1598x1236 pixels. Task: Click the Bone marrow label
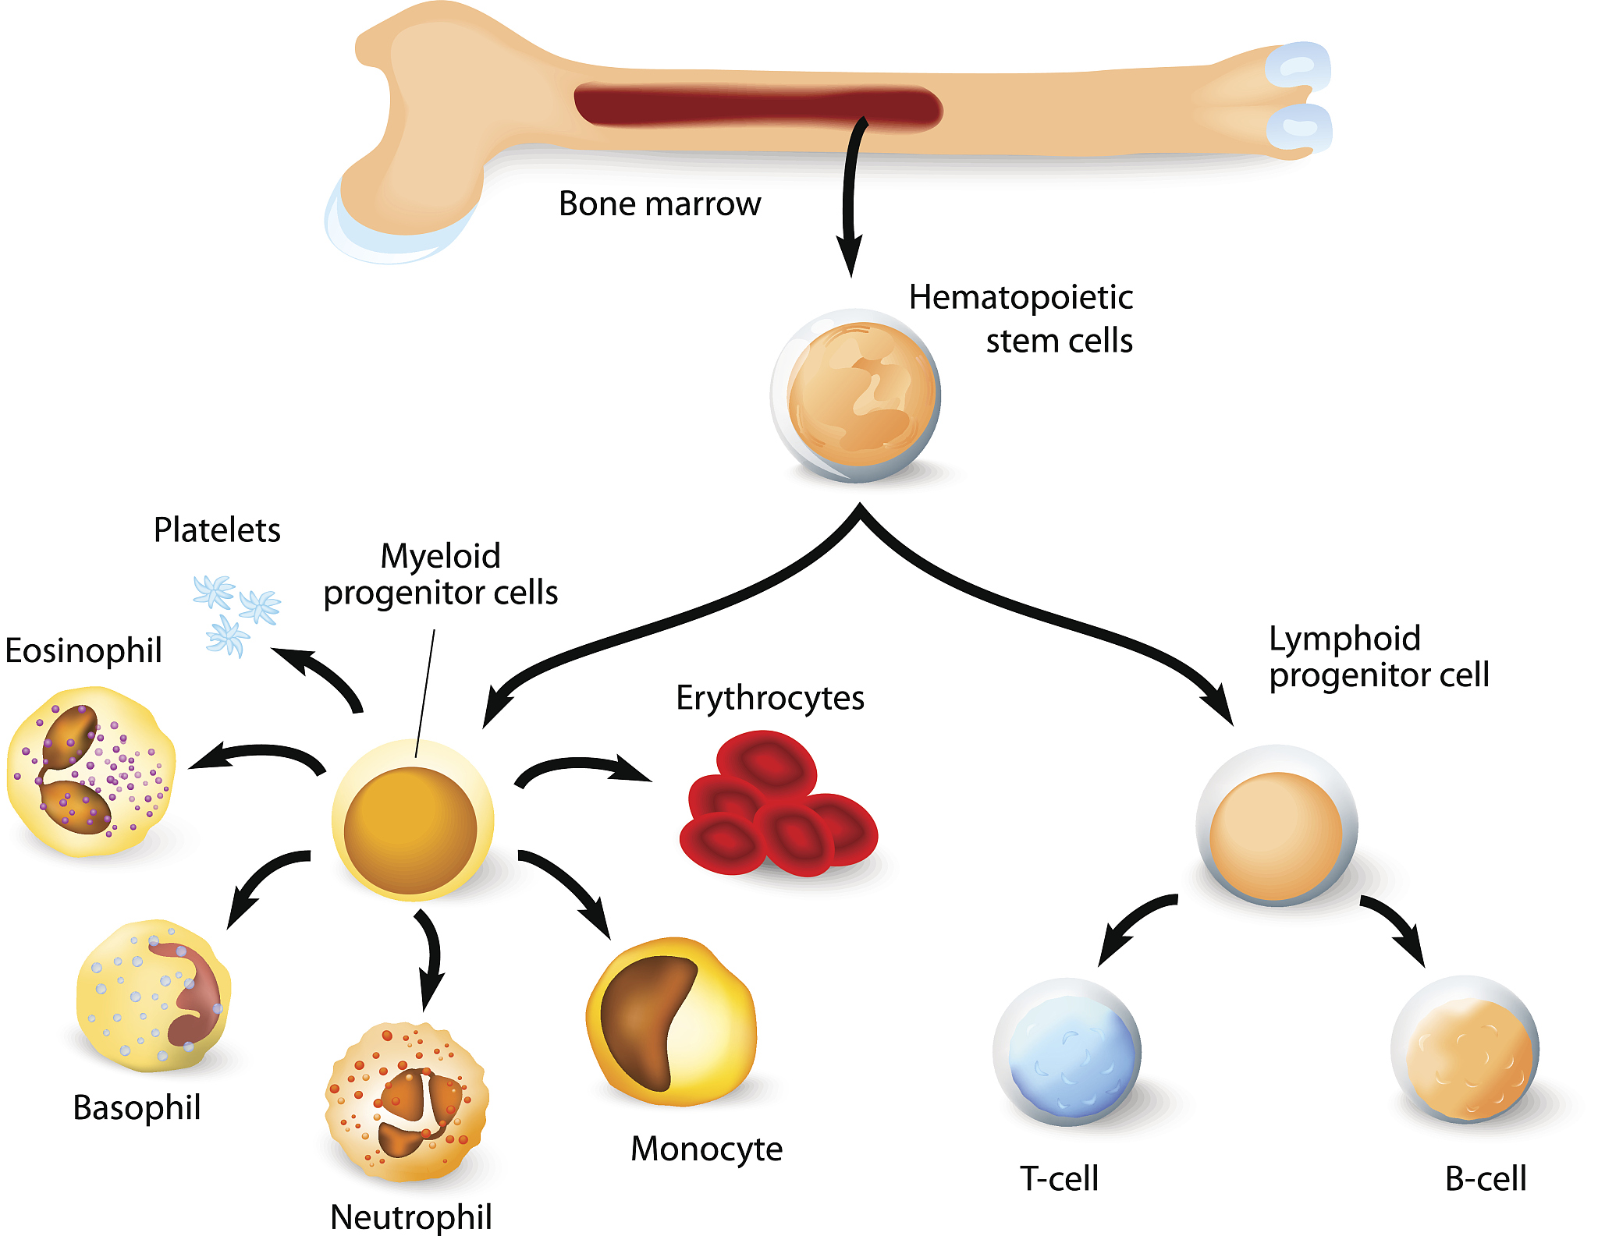[x=659, y=204]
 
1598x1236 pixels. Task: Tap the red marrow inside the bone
[x=757, y=107]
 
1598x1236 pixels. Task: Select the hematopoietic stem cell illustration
[x=857, y=395]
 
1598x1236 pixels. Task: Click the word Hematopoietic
[x=1021, y=298]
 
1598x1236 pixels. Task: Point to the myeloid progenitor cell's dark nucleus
[x=410, y=829]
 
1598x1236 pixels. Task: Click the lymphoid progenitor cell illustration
[x=1276, y=827]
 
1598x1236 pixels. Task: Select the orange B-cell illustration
[x=1465, y=1051]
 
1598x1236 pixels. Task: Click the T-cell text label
[x=1059, y=1178]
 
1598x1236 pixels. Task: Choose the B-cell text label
[x=1485, y=1178]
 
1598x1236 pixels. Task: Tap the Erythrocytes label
[x=769, y=698]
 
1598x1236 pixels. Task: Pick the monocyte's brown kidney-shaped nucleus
[x=644, y=1018]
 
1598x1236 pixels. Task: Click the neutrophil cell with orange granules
[x=407, y=1101]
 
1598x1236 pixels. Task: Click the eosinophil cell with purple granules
[x=90, y=772]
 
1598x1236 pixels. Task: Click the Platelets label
[x=217, y=530]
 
